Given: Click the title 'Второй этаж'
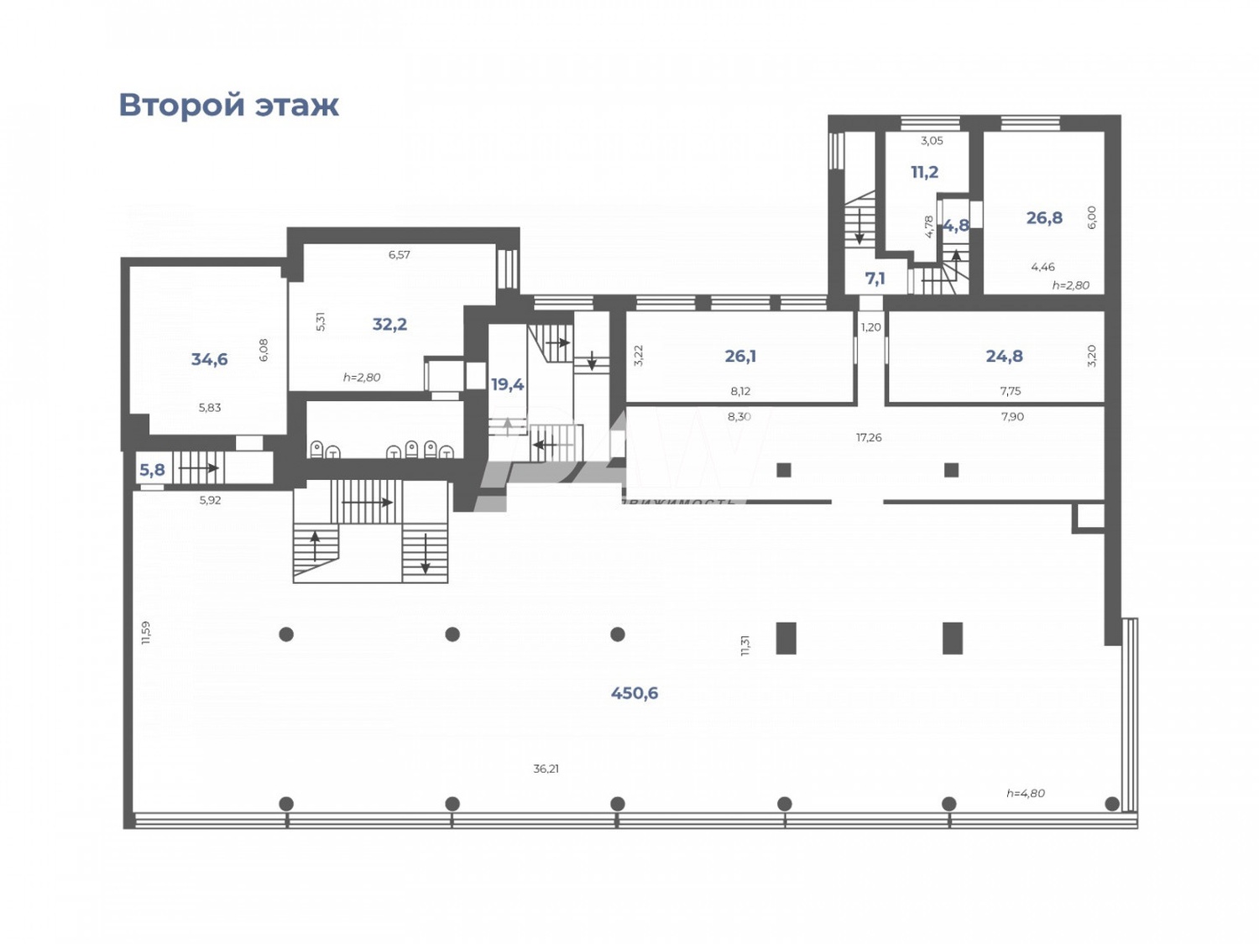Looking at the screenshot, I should (228, 106).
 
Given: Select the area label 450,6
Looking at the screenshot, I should (634, 693).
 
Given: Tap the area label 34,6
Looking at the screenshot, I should (209, 359).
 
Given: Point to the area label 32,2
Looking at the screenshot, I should (389, 324).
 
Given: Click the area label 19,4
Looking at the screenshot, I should (507, 384).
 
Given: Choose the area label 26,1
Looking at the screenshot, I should (739, 356).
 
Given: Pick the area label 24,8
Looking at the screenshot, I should (1004, 356).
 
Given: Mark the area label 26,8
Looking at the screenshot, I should (1044, 217).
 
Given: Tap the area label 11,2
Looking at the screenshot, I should (924, 172).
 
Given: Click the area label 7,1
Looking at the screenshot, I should (875, 278).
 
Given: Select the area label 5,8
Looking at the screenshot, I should (152, 470).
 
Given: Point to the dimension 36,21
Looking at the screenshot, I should (546, 768).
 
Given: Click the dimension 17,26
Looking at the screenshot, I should (869, 437).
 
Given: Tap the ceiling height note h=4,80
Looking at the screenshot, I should (1026, 793).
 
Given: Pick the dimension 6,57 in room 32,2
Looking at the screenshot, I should (400, 254).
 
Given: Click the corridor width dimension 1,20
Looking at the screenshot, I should (871, 326).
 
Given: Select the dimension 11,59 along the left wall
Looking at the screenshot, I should (146, 632).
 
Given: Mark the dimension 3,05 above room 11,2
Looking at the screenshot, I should (932, 140).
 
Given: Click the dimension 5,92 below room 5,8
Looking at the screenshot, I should (210, 500).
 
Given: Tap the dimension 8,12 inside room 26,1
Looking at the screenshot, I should (740, 391).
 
